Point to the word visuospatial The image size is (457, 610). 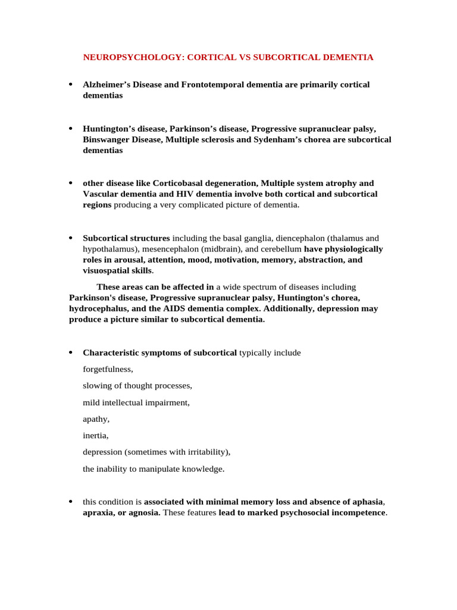point(106,270)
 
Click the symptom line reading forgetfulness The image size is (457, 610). point(108,369)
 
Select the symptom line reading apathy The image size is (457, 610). point(96,419)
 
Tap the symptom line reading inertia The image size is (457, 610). point(95,435)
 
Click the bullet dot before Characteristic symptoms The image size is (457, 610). point(71,353)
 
